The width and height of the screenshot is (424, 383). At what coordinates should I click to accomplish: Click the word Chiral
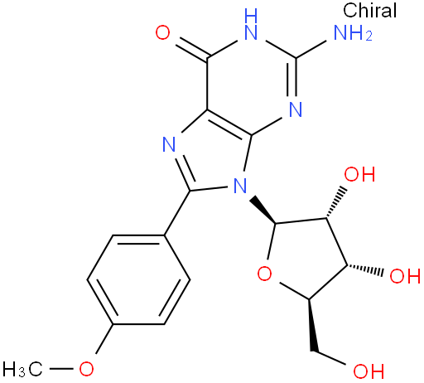(369, 10)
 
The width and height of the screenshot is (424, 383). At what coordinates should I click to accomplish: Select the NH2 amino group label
(353, 32)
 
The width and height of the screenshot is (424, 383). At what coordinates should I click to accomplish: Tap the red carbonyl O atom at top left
(162, 32)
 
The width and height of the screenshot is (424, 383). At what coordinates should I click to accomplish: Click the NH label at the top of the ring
(251, 24)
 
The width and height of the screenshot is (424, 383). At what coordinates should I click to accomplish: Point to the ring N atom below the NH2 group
(296, 109)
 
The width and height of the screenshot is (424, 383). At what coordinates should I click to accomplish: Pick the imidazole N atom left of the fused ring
(169, 144)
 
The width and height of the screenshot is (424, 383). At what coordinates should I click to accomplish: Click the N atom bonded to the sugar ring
(239, 186)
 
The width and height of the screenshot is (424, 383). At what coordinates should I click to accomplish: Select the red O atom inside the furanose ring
(264, 274)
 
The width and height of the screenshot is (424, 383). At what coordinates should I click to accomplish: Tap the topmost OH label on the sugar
(359, 174)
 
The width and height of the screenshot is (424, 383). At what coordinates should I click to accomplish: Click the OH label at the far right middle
(405, 275)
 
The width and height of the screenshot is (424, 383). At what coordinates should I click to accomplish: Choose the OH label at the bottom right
(369, 371)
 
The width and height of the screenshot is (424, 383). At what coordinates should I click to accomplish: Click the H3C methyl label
(22, 369)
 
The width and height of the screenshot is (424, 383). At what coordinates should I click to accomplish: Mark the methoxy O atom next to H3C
(86, 369)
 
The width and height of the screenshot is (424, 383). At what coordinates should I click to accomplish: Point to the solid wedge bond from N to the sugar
(263, 210)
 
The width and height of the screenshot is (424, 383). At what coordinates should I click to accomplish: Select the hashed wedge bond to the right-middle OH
(365, 269)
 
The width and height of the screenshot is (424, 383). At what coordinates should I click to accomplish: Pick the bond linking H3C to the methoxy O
(60, 369)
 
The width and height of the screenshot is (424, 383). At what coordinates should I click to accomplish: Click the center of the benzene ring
(138, 279)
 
